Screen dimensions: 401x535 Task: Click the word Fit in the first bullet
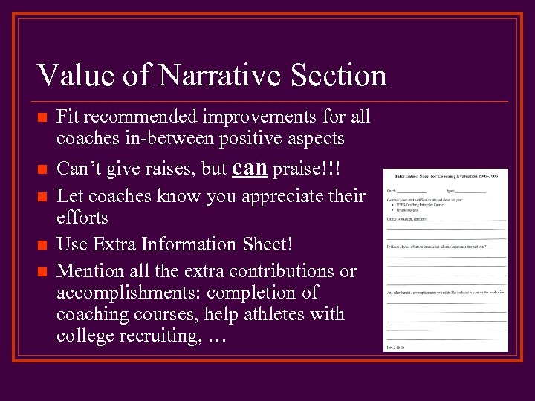[67, 117]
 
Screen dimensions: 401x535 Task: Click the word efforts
[82, 218]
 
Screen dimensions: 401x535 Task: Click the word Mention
[88, 271]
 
